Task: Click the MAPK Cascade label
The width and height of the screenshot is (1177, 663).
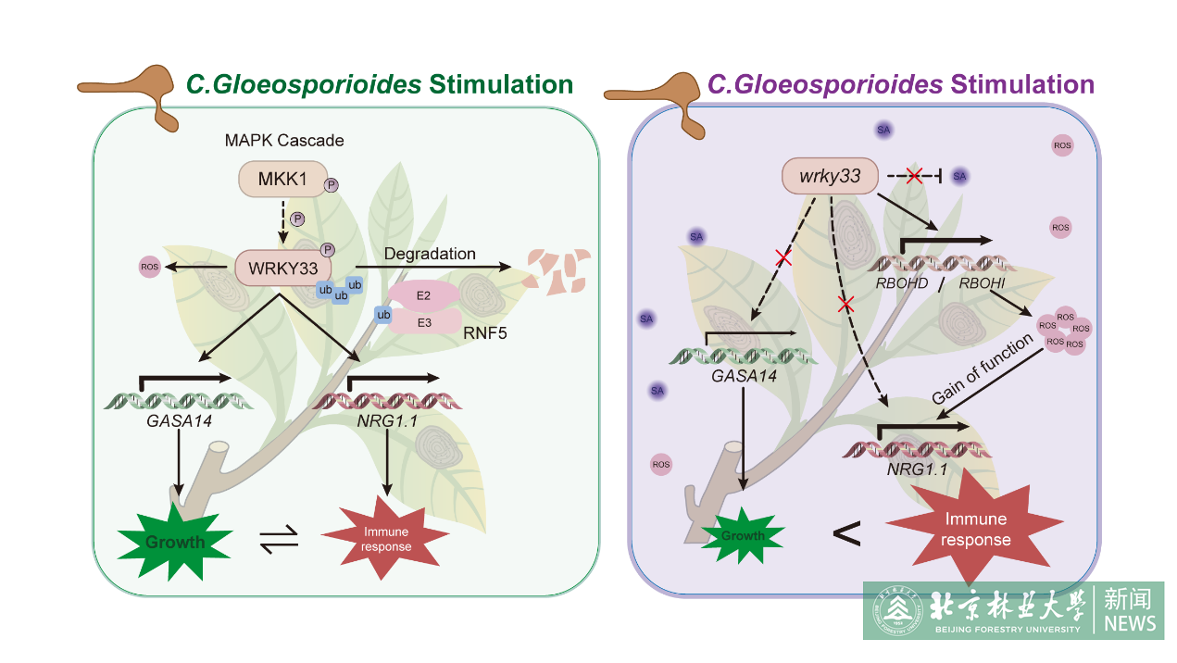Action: coord(284,141)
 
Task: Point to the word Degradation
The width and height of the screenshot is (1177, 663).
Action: coord(430,254)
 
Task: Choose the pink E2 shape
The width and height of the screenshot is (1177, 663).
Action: coord(424,295)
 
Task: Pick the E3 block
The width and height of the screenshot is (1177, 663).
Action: coord(424,322)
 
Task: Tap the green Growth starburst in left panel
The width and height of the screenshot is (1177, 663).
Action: coord(174,541)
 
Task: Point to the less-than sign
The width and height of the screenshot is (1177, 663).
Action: coord(846,534)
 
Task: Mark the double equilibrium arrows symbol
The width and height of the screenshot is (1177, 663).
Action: coord(279,538)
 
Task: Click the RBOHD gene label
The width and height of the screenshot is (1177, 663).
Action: coord(901,282)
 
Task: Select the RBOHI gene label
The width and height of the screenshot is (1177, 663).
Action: coord(983,282)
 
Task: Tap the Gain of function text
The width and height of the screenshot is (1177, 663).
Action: coord(983,368)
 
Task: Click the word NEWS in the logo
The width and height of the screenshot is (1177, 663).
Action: coord(1129,623)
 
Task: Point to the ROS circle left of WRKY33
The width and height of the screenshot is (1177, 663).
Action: coord(149,269)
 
